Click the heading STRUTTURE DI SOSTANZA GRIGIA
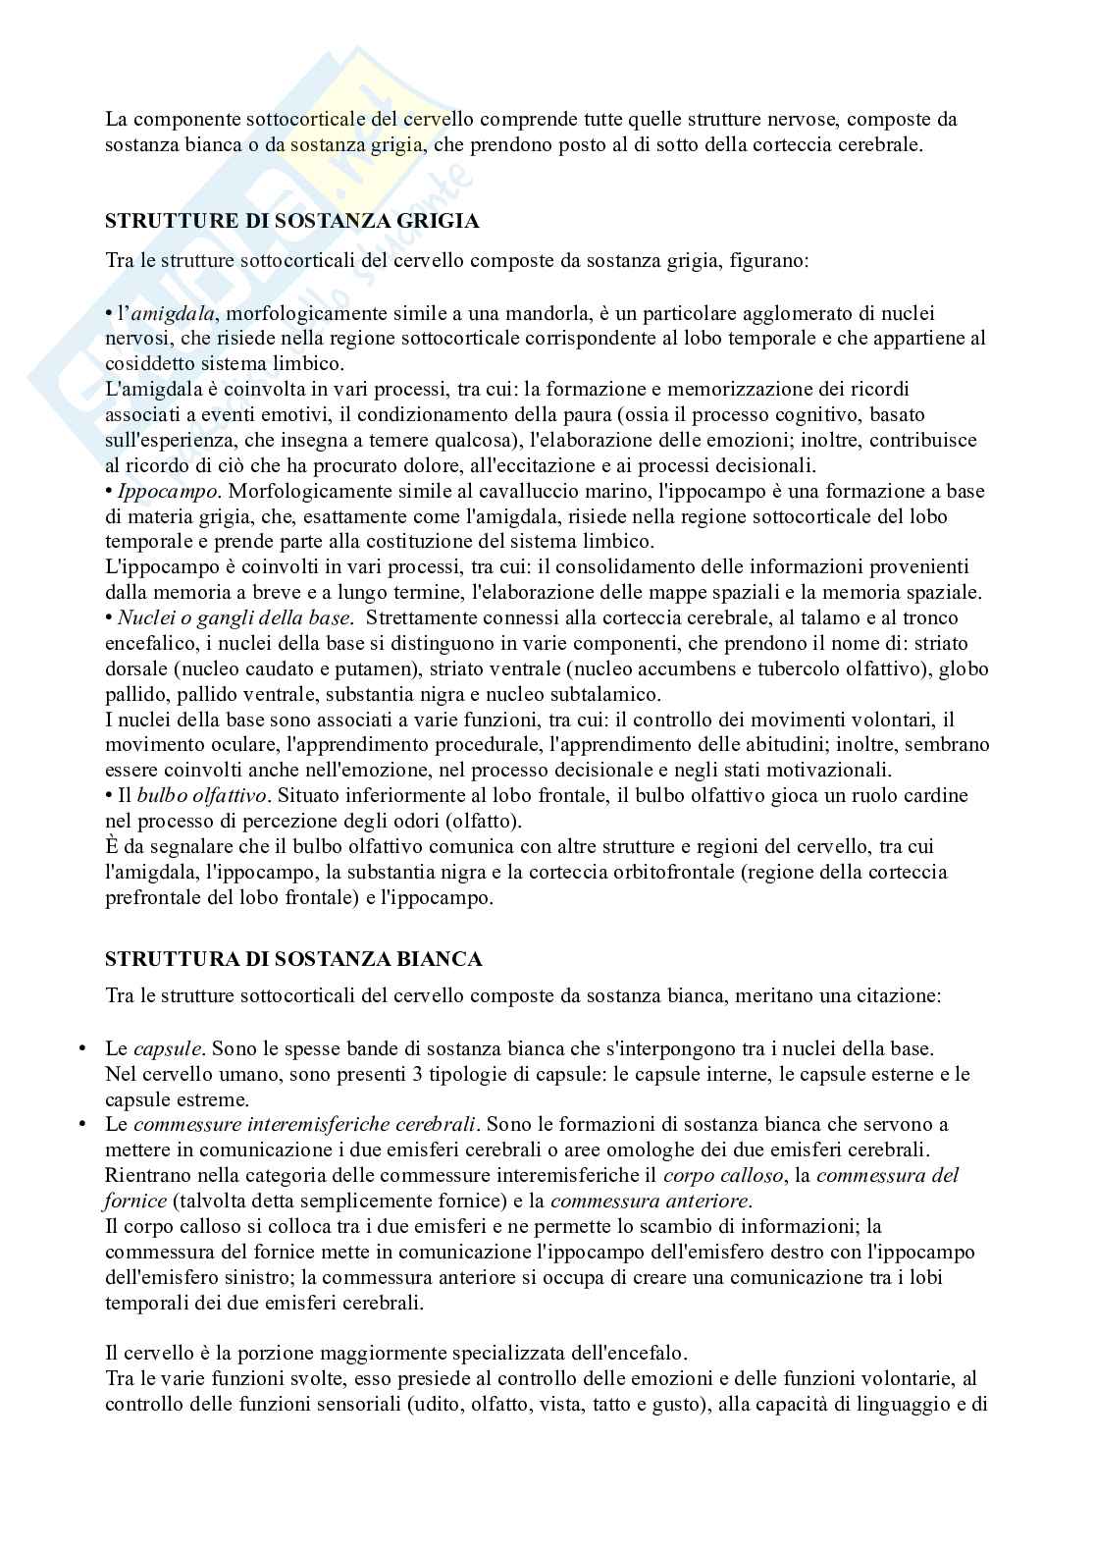(x=291, y=221)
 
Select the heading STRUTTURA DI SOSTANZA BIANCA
(x=293, y=959)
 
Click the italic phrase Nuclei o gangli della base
(x=234, y=618)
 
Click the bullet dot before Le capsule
(x=82, y=1049)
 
